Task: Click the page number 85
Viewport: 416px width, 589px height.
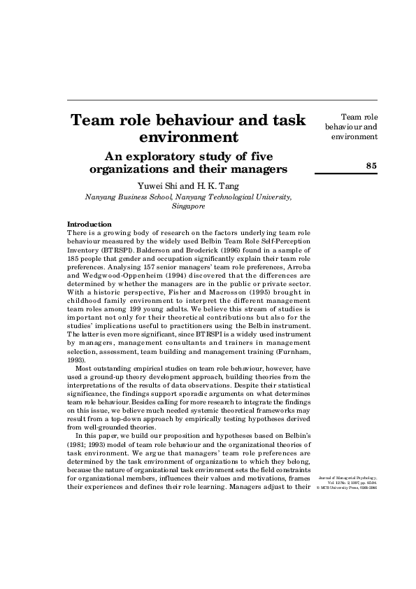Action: click(x=371, y=164)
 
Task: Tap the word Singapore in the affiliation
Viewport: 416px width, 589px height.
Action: click(x=188, y=207)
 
